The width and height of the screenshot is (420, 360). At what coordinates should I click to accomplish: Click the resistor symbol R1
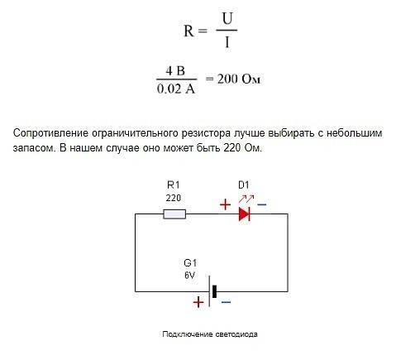174,214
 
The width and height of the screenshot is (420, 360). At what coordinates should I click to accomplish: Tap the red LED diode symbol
245,214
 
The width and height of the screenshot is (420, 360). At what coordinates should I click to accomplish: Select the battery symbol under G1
212,291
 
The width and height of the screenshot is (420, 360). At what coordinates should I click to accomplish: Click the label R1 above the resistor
174,185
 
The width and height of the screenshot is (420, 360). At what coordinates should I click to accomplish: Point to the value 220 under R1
174,198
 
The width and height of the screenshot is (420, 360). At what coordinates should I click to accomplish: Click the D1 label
244,185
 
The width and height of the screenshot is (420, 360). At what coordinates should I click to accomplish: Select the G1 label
190,263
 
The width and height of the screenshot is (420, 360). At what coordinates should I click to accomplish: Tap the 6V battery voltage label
189,276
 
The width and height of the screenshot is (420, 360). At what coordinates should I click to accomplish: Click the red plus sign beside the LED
225,204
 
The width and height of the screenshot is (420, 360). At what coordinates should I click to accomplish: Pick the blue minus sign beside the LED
262,204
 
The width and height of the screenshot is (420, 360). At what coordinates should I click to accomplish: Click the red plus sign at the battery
198,302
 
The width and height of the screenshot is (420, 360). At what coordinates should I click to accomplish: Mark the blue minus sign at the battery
226,302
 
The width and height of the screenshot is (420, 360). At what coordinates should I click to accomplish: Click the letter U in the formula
227,19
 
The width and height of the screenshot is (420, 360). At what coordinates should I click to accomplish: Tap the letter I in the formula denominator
227,42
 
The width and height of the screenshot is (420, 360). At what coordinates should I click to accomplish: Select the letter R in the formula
189,31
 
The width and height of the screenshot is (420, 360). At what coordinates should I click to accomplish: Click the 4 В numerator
175,71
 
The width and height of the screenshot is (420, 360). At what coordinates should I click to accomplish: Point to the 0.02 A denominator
176,89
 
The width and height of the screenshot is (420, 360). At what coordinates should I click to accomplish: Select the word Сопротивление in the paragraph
50,133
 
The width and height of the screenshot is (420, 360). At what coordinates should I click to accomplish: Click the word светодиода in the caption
236,334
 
